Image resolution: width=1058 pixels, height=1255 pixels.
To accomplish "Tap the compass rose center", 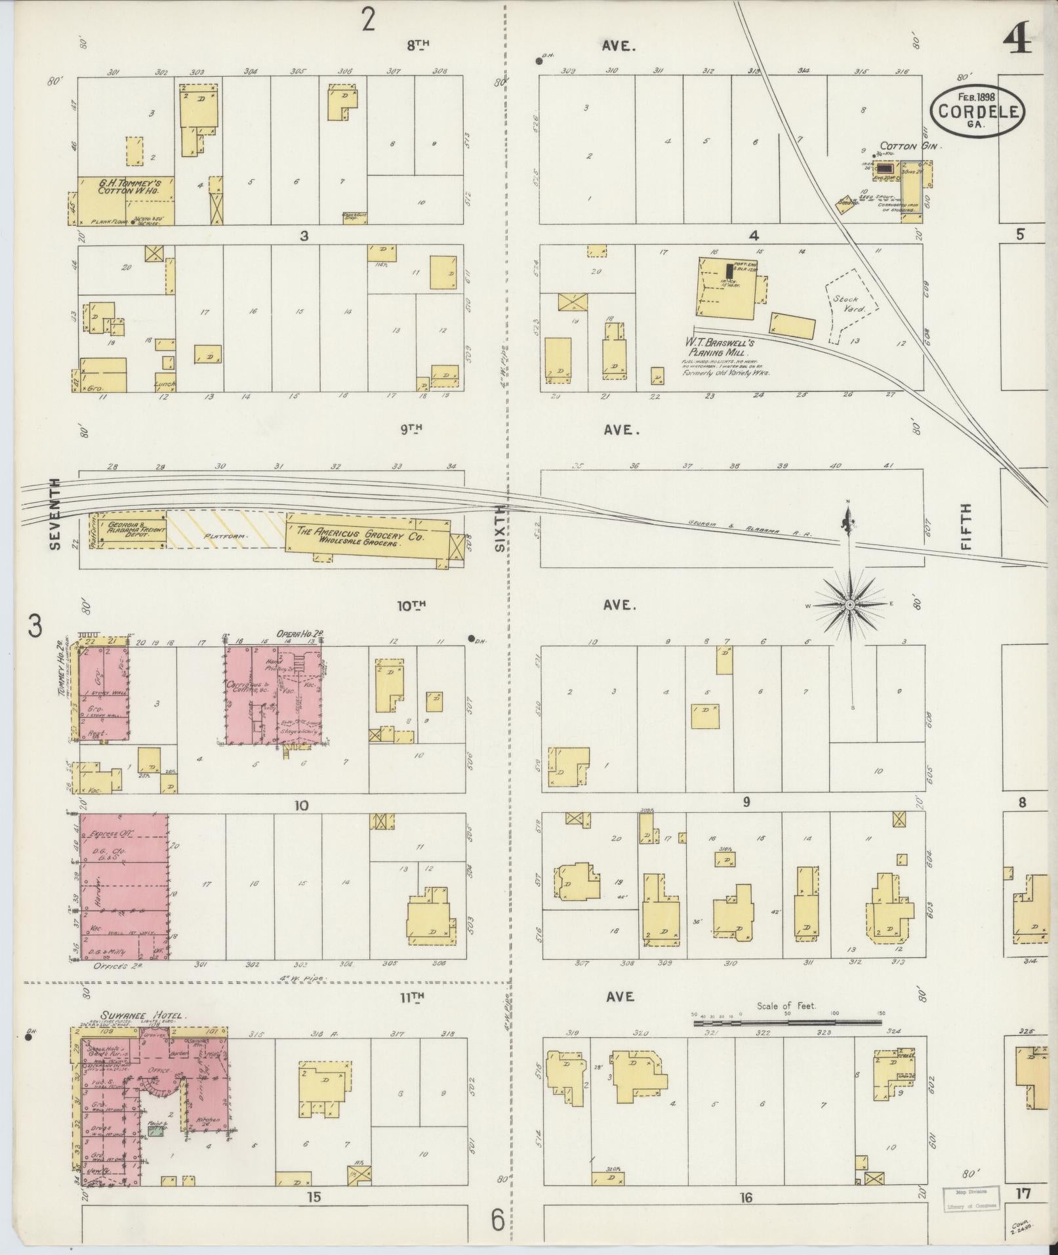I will pos(849,604).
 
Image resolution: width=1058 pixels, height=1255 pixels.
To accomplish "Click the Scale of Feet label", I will pos(786,1024).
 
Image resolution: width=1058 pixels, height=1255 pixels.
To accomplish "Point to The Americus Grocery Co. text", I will pos(361,537).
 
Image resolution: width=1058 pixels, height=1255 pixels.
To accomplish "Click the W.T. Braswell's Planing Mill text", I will pos(720,347).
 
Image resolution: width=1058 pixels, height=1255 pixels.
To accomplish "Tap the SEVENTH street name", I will pos(54,514).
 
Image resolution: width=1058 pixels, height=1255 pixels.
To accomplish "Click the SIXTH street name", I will pos(501,527).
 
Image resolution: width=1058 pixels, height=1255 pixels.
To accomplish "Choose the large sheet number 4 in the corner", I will pos(1017,38).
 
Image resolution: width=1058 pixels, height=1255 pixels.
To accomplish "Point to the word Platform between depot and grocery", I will pos(224,536).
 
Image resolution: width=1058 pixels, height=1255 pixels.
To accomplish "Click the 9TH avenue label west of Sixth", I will pos(411,428).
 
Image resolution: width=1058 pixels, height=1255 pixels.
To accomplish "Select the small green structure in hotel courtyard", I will pos(155,1130).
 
